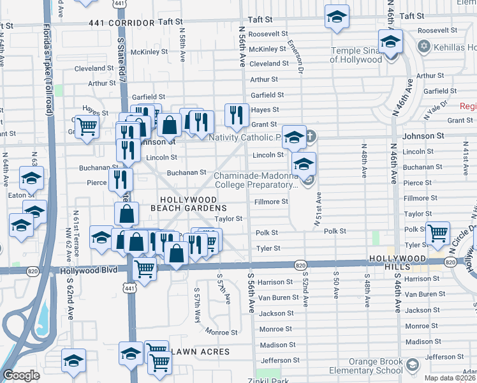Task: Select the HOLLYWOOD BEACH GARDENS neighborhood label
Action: tap(193, 204)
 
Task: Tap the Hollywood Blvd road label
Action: tap(89, 270)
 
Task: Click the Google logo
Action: tap(21, 375)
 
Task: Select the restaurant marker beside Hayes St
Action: tap(237, 116)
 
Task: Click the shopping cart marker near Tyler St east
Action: tap(438, 234)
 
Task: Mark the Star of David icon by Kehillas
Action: tap(424, 47)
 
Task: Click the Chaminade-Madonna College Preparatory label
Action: tap(255, 180)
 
